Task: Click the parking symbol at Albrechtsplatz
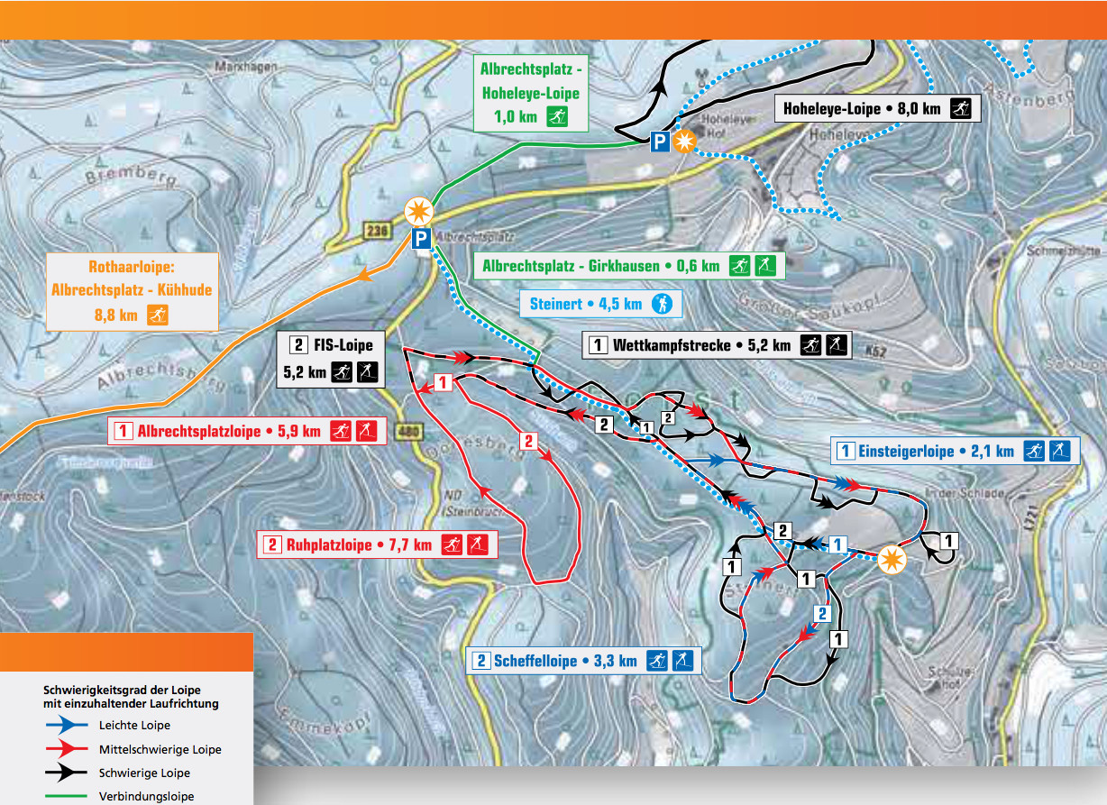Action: pyautogui.click(x=420, y=239)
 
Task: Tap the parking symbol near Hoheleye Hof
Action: pyautogui.click(x=661, y=141)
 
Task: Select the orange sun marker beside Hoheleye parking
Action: pyautogui.click(x=685, y=142)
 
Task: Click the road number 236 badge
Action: pyautogui.click(x=377, y=230)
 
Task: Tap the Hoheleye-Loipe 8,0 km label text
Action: pyautogui.click(x=861, y=109)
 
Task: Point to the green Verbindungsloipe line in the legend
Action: pyautogui.click(x=68, y=796)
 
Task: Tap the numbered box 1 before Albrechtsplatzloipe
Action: pyautogui.click(x=124, y=431)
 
